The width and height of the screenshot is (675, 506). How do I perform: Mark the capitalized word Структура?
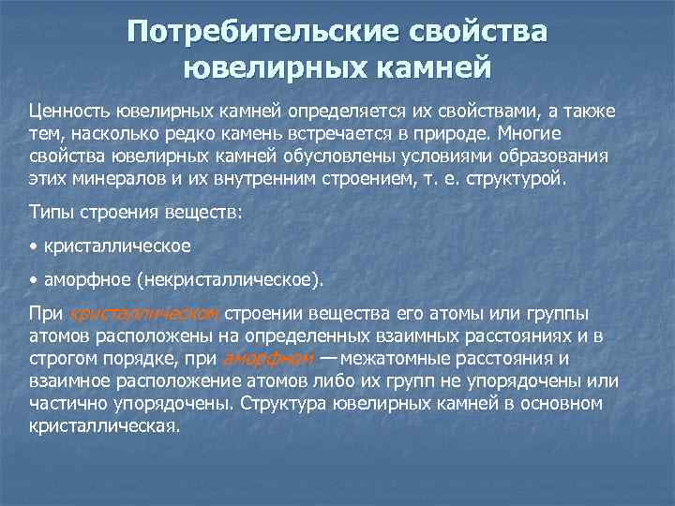pos(279,403)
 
